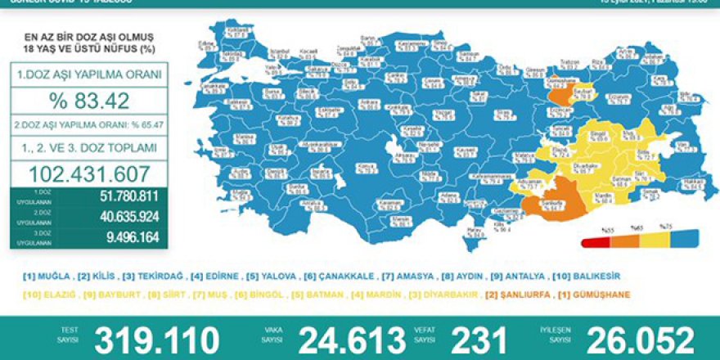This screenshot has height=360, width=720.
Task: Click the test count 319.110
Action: pos(157,340)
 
